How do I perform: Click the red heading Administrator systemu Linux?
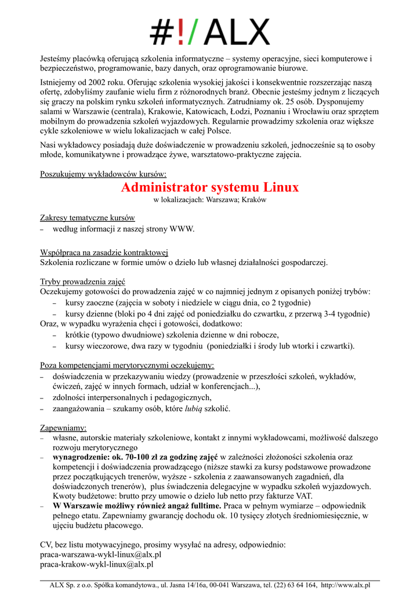point(210,187)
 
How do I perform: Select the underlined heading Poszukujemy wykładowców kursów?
point(103,174)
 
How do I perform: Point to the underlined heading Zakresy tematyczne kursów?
point(88,218)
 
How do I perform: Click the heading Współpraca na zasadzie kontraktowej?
point(104,252)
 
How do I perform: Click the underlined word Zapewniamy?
point(63,428)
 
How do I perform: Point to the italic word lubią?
point(193,408)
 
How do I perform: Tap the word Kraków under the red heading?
point(254,200)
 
